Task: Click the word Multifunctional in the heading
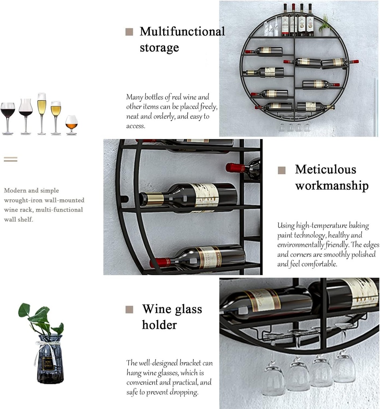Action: point(182,32)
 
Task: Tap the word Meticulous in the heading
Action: point(325,169)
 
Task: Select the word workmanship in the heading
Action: point(332,186)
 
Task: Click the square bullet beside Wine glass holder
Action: point(129,310)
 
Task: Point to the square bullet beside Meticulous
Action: point(282,170)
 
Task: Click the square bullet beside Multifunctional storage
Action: point(129,32)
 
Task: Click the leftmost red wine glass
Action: point(8,116)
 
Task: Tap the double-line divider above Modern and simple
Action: point(11,159)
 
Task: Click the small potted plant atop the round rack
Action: point(325,26)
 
